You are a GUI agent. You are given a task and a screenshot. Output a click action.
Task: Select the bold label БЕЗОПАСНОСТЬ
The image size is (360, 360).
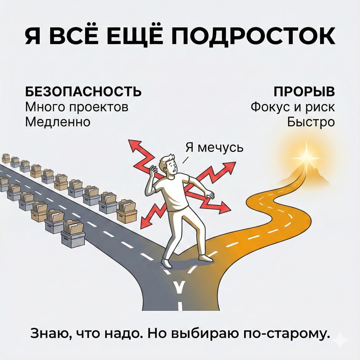[83, 91]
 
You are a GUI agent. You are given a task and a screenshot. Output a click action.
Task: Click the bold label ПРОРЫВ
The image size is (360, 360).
[304, 91]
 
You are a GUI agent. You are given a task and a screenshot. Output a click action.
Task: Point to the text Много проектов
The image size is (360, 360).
[76, 107]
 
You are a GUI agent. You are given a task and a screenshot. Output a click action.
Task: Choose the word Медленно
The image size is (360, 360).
[58, 122]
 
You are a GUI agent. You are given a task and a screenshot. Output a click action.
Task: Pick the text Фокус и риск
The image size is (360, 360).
[292, 107]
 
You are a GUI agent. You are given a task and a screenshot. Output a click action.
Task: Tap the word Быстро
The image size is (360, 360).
[311, 122]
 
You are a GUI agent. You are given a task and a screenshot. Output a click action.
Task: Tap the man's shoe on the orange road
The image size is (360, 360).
[205, 257]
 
